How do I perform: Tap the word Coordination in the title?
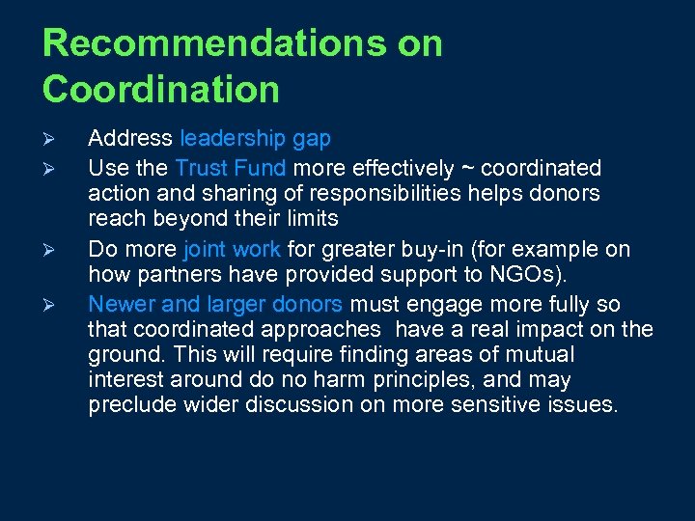click(161, 90)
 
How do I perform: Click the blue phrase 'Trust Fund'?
click(230, 168)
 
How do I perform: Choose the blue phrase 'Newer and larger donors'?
click(215, 305)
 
